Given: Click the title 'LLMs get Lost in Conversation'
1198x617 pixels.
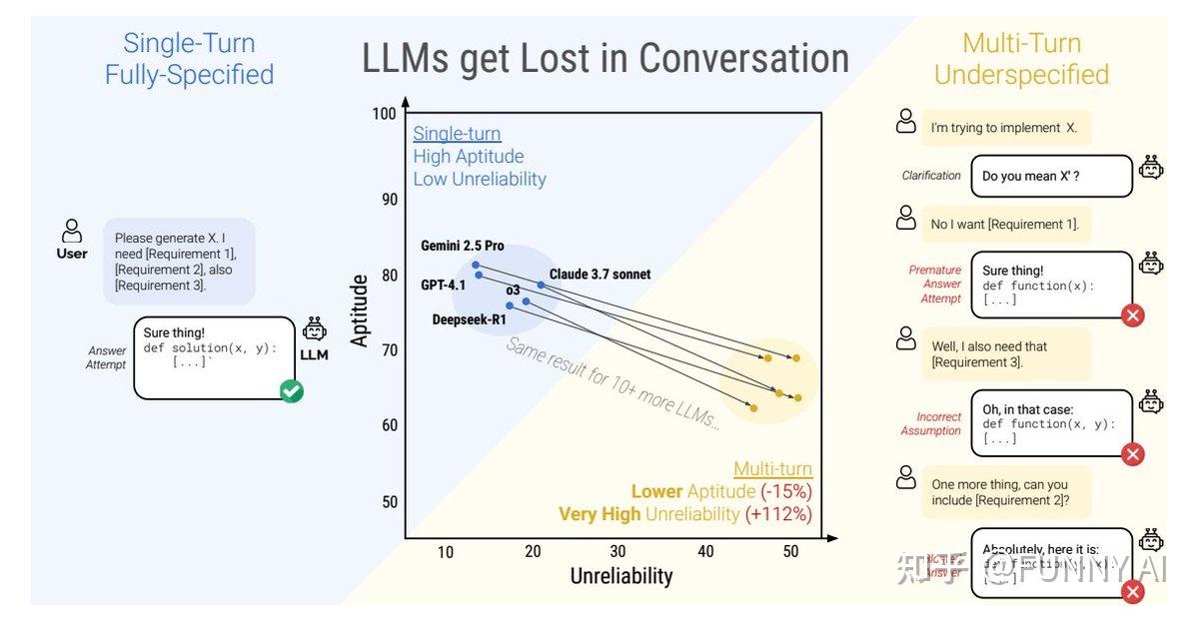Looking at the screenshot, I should tap(605, 59).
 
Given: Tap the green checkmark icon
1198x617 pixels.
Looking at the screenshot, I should tap(292, 391).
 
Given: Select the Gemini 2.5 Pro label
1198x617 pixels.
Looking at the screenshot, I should tap(462, 246).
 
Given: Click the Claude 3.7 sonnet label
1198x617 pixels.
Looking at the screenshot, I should tap(599, 275).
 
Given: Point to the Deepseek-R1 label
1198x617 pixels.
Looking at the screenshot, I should tap(469, 319).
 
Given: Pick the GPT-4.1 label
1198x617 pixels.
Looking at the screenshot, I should tap(443, 285).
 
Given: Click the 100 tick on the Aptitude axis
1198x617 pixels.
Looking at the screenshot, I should tap(384, 114).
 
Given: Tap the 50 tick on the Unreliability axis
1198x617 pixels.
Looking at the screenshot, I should tap(792, 552).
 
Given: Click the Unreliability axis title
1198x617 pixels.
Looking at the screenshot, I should tap(620, 576).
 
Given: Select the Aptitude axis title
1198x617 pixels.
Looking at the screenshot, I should tap(360, 310).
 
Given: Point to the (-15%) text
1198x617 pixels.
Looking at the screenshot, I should tap(786, 491).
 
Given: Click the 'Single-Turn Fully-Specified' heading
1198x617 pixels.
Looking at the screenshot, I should tap(189, 59).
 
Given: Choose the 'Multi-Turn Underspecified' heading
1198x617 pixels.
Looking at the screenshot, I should tap(1021, 59).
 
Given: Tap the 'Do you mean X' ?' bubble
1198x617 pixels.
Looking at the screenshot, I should tap(1050, 176).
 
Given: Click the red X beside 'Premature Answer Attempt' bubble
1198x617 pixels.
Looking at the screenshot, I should tap(1132, 316).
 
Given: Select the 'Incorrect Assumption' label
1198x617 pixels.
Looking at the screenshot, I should tap(938, 424).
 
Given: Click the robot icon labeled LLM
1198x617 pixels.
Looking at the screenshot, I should tap(314, 330).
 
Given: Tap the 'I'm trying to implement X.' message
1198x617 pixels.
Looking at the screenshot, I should tap(1004, 128).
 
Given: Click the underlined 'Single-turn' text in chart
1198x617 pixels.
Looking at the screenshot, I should tap(457, 134).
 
